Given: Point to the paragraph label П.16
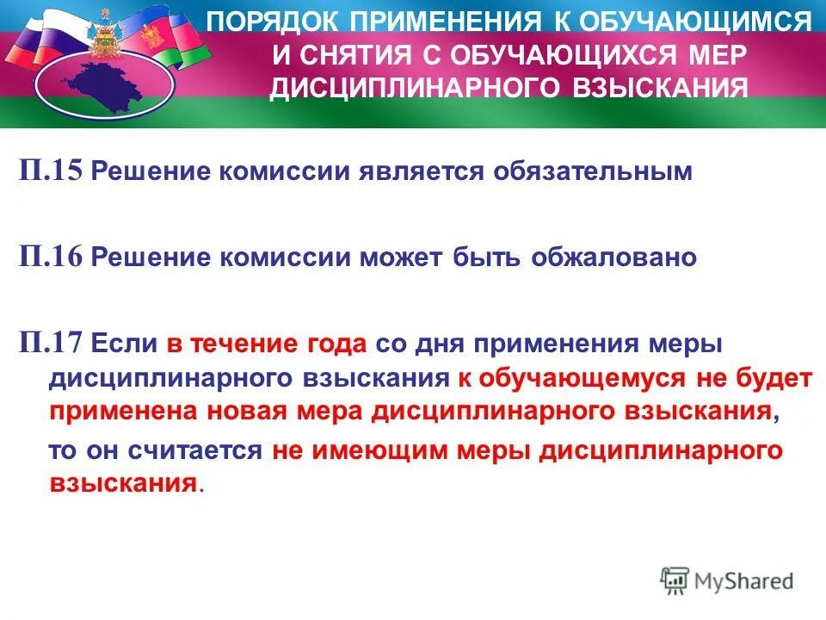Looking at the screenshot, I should pos(52,257).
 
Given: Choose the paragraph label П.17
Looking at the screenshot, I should pos(52,344).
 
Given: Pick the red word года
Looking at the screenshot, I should pos(337,344).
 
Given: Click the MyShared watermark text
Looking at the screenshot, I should pos(745,581).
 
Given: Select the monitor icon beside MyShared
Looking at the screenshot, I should pos(676,580).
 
